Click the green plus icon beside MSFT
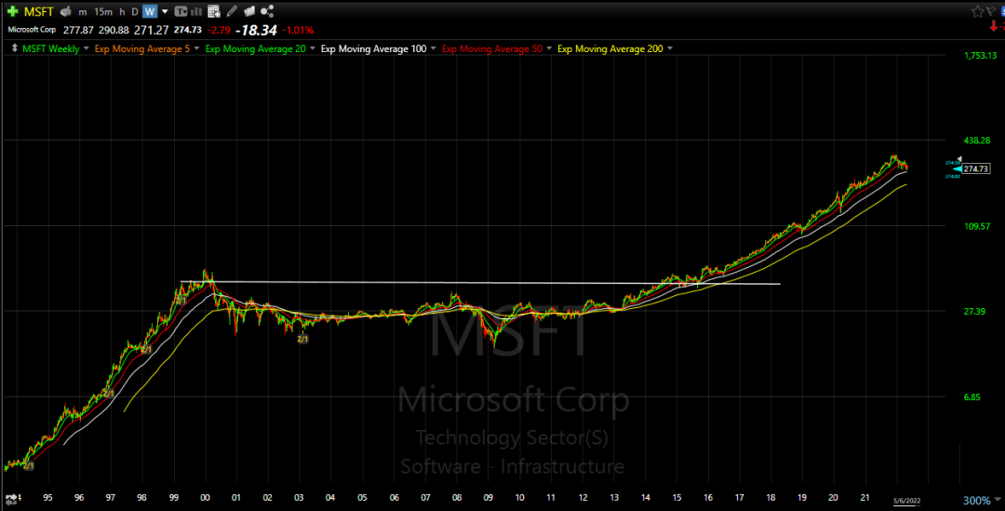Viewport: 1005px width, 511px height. tap(12, 11)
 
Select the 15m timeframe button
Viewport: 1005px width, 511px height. tap(104, 12)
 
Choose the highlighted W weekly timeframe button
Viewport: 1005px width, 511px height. tap(150, 12)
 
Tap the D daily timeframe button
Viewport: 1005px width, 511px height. tap(135, 12)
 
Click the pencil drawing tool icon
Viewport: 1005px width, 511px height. tap(233, 12)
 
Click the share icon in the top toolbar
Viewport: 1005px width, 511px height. tap(268, 12)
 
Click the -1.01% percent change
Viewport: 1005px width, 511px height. tap(300, 30)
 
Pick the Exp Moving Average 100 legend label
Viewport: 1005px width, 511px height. tap(373, 48)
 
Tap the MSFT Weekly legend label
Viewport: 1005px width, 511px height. tap(51, 48)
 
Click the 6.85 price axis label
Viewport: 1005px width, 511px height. tap(972, 397)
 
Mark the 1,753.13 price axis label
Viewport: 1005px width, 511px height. tap(980, 56)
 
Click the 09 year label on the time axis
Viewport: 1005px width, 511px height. tap(489, 498)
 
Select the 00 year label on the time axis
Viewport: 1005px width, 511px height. tap(205, 498)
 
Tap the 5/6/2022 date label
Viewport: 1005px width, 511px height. tap(909, 502)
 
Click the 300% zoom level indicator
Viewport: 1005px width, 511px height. tap(976, 501)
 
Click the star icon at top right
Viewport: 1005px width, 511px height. tap(977, 11)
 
